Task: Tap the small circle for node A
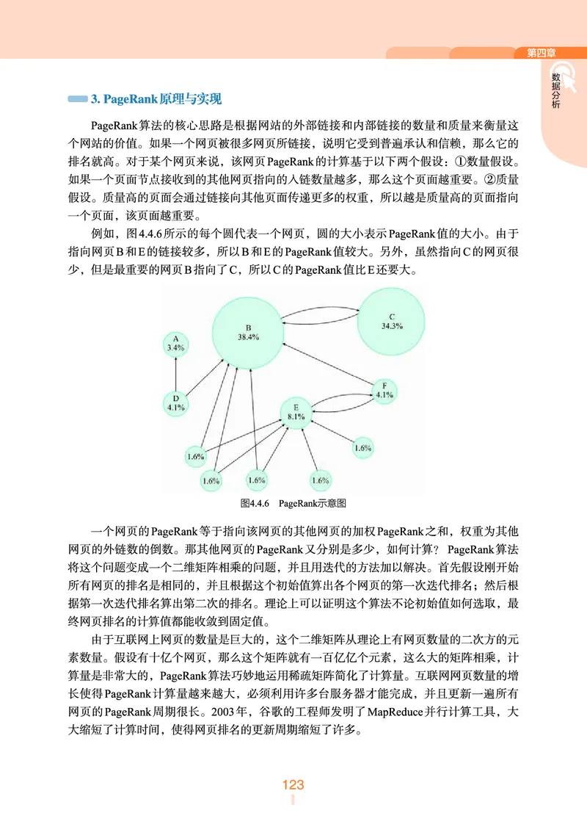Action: pos(176,343)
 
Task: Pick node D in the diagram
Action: pos(176,402)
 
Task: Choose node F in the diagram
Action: pos(384,390)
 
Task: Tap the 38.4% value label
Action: pos(248,337)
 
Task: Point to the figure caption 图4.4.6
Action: pos(257,503)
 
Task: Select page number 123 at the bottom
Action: pos(293,785)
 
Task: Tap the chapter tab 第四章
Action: pos(542,52)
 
